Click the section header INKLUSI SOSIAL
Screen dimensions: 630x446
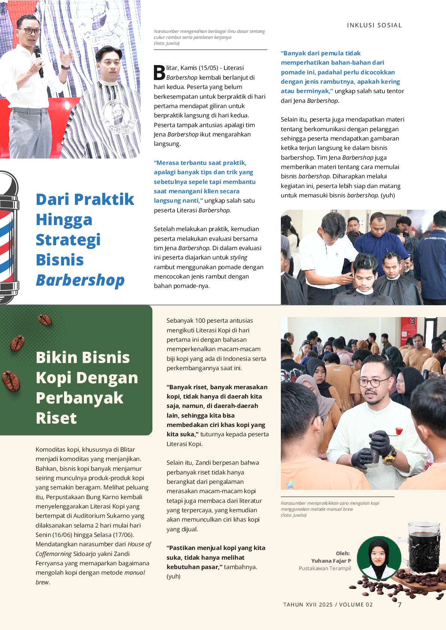[374, 25]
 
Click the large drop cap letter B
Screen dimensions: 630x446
[159, 73]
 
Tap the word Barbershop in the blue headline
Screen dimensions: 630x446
[80, 280]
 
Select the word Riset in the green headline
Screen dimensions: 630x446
[56, 418]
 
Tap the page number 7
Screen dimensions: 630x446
[400, 605]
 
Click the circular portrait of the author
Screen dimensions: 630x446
[379, 558]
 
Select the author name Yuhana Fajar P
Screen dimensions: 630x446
[331, 561]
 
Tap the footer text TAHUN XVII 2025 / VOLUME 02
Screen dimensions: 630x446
[328, 605]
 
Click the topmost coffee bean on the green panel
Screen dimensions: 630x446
[45, 320]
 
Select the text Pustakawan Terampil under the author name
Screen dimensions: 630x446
[325, 568]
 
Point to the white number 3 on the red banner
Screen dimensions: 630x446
[413, 321]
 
